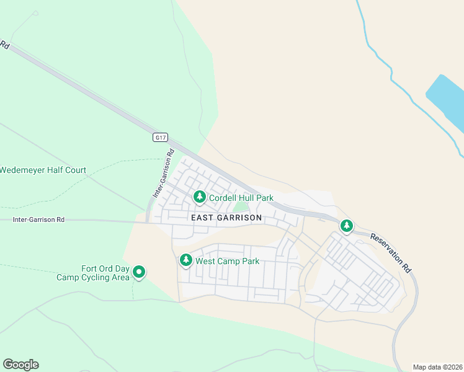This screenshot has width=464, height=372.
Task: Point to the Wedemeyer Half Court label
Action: pyautogui.click(x=43, y=170)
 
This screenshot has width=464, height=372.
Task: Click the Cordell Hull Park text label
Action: pyautogui.click(x=241, y=198)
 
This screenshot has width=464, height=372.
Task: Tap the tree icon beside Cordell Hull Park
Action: pyautogui.click(x=199, y=197)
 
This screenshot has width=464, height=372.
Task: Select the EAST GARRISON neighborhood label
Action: pyautogui.click(x=226, y=218)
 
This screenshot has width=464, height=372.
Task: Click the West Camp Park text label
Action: pyautogui.click(x=227, y=261)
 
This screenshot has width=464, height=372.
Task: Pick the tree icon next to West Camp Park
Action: pyautogui.click(x=185, y=260)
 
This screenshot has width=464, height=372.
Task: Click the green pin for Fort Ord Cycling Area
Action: pyautogui.click(x=139, y=272)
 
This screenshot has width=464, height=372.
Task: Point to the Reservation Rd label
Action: pyautogui.click(x=391, y=252)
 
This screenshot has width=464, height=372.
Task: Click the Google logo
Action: pyautogui.click(x=20, y=365)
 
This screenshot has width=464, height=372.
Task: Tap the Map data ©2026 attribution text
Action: pyautogui.click(x=437, y=367)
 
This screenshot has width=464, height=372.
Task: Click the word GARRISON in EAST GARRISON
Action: pyautogui.click(x=239, y=218)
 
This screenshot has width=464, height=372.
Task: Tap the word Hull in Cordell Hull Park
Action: pyautogui.click(x=248, y=198)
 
